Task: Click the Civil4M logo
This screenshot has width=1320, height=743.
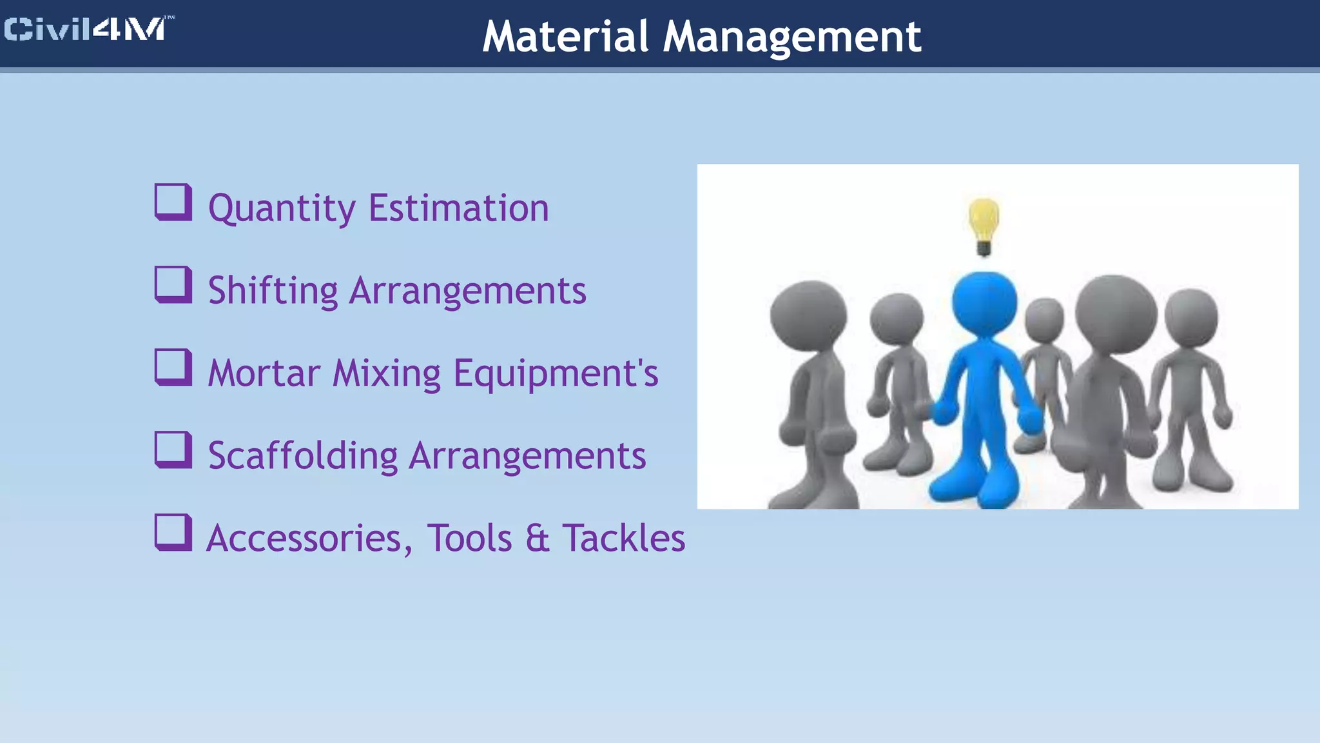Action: pos(87,30)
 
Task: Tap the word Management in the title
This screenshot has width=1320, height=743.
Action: pos(792,37)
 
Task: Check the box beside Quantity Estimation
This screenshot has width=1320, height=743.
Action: pos(173,203)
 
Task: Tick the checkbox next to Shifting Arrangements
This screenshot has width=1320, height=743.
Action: pos(173,285)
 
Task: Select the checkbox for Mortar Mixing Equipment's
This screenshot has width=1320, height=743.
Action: pos(173,368)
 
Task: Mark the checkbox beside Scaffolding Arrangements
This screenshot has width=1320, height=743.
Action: pos(173,450)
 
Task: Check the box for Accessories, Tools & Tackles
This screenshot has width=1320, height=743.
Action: pos(173,533)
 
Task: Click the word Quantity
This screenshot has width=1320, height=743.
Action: pos(282,209)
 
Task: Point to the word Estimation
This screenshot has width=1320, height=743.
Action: pos(458,208)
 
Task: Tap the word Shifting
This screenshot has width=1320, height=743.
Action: pos(273,291)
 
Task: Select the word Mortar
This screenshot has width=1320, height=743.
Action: pos(264,373)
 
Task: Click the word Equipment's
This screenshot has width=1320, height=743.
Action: pos(556,374)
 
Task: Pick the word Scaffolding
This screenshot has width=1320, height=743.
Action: pos(303,456)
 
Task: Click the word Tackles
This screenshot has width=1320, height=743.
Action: pos(623,538)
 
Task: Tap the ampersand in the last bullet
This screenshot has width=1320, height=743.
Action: pos(537,539)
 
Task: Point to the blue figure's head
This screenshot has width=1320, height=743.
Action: pos(984,303)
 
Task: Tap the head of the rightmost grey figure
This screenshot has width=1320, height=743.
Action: pos(1191,318)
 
